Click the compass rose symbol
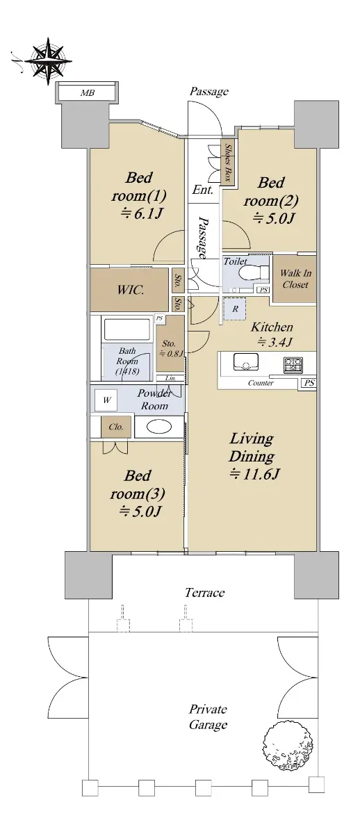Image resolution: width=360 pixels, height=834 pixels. [x=49, y=60]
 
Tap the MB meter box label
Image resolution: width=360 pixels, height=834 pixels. [x=88, y=93]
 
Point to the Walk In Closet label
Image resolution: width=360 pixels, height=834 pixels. [x=295, y=279]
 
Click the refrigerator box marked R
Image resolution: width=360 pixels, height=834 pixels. [x=235, y=309]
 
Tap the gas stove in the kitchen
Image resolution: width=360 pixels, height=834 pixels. [x=294, y=365]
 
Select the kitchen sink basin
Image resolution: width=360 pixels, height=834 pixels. [x=246, y=361]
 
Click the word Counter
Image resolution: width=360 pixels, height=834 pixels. [x=261, y=383]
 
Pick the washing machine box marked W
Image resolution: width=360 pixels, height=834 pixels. [x=106, y=400]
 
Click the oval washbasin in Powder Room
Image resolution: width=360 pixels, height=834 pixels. [x=159, y=427]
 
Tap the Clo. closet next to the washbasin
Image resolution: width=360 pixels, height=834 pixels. [x=116, y=427]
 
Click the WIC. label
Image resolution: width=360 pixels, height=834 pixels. [x=130, y=290]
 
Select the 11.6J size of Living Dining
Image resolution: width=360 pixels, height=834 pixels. [x=254, y=474]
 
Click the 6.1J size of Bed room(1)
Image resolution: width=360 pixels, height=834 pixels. [x=140, y=214]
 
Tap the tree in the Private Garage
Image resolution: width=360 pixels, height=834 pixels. [x=289, y=749]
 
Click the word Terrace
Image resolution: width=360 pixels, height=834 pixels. [x=205, y=592]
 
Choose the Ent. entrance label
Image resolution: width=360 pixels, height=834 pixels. [x=203, y=190]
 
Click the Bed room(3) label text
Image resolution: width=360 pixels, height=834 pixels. [x=138, y=485]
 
